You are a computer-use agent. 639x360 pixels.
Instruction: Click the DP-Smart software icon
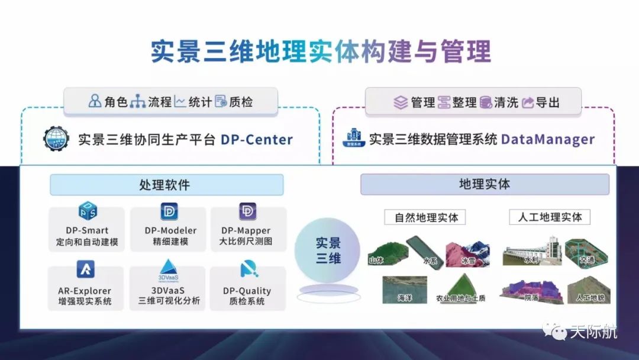click(x=88, y=211)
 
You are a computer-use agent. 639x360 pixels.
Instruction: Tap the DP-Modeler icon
click(x=169, y=211)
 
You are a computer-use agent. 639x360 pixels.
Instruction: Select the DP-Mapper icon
click(x=247, y=211)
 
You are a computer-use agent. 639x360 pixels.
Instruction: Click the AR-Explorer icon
click(x=85, y=270)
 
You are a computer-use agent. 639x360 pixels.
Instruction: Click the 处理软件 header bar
click(x=166, y=185)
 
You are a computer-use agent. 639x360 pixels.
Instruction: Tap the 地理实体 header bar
click(x=485, y=184)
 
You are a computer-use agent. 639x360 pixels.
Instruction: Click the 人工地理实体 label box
click(x=550, y=217)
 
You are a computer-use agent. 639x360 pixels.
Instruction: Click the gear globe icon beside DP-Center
click(x=56, y=139)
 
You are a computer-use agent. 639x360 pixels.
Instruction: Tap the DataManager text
click(x=547, y=139)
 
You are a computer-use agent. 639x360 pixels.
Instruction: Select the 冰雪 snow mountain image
click(x=467, y=253)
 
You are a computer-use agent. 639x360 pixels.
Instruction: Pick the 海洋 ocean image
click(x=405, y=290)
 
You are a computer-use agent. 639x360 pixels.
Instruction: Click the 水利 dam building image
click(x=530, y=251)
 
